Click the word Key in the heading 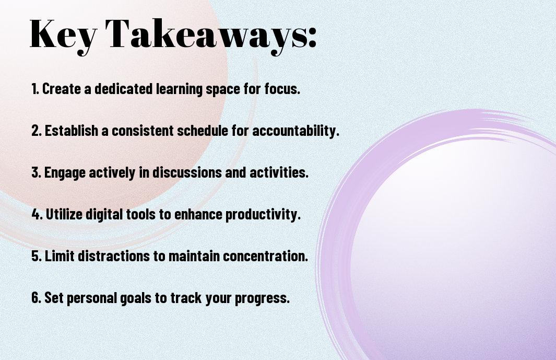tap(63, 36)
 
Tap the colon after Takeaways tap(312, 37)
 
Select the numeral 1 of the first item tap(34, 89)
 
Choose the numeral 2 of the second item tap(35, 131)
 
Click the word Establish tap(72, 130)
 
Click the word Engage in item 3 tap(65, 173)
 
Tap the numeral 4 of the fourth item tap(35, 214)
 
